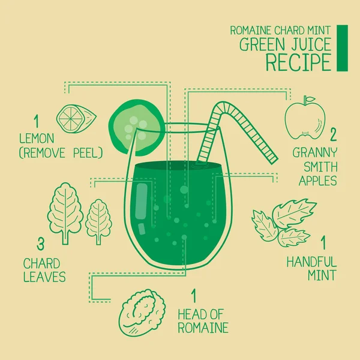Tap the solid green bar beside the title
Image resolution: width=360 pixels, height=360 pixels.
tap(342, 47)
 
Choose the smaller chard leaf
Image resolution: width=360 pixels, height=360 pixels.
tap(98, 220)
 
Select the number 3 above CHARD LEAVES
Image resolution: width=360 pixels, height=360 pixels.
tap(41, 244)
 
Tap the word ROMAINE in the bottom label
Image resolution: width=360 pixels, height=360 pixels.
tap(202, 328)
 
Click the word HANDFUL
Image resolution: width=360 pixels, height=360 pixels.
tap(311, 262)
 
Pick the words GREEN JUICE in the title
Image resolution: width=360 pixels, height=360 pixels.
tap(285, 44)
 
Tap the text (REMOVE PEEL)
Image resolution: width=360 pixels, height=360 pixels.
tap(61, 153)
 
